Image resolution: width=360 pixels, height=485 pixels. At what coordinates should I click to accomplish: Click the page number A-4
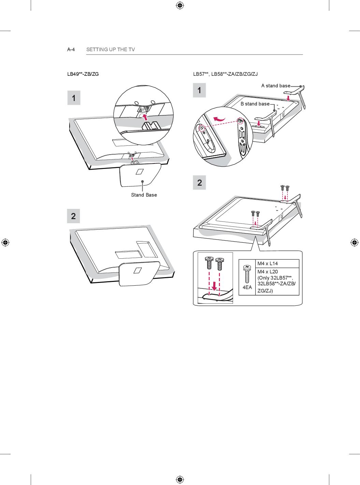pyautogui.click(x=71, y=49)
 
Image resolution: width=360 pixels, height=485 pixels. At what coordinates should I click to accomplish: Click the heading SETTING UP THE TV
pyautogui.click(x=111, y=49)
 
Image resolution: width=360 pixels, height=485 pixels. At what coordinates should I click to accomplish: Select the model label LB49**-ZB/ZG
pyautogui.click(x=83, y=74)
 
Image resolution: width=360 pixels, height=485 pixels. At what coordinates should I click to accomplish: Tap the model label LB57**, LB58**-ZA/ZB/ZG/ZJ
pyautogui.click(x=225, y=74)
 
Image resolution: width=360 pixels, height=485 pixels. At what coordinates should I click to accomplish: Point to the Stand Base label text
pyautogui.click(x=144, y=195)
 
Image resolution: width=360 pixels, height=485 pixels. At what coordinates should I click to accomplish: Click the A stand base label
pyautogui.click(x=276, y=86)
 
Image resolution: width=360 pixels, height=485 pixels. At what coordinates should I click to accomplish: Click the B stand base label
pyautogui.click(x=255, y=104)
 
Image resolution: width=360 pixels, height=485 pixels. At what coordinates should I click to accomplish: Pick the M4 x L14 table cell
pyautogui.click(x=268, y=263)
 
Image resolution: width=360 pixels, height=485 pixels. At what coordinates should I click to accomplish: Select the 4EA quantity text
pyautogui.click(x=247, y=287)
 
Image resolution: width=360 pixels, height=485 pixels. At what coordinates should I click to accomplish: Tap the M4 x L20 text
pyautogui.click(x=268, y=272)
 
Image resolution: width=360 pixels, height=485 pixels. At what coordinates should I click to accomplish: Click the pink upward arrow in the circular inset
pyautogui.click(x=145, y=117)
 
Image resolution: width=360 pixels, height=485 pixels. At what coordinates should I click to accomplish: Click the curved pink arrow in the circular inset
pyautogui.click(x=219, y=119)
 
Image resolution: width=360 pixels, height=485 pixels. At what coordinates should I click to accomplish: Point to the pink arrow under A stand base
pyautogui.click(x=288, y=98)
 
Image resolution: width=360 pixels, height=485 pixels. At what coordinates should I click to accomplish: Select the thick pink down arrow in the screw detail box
pyautogui.click(x=215, y=286)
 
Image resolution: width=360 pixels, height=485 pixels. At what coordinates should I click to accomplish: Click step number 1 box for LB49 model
pyautogui.click(x=74, y=98)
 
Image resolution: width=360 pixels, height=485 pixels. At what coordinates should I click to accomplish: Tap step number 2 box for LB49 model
pyautogui.click(x=73, y=216)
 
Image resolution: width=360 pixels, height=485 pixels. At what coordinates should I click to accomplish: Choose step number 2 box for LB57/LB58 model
pyautogui.click(x=199, y=183)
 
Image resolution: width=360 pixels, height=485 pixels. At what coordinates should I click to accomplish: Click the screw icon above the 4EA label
pyautogui.click(x=247, y=274)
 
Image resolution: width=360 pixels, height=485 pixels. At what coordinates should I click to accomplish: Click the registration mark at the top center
pyautogui.click(x=180, y=5)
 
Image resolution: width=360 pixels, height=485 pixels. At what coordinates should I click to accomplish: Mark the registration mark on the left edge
pyautogui.click(x=5, y=242)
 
